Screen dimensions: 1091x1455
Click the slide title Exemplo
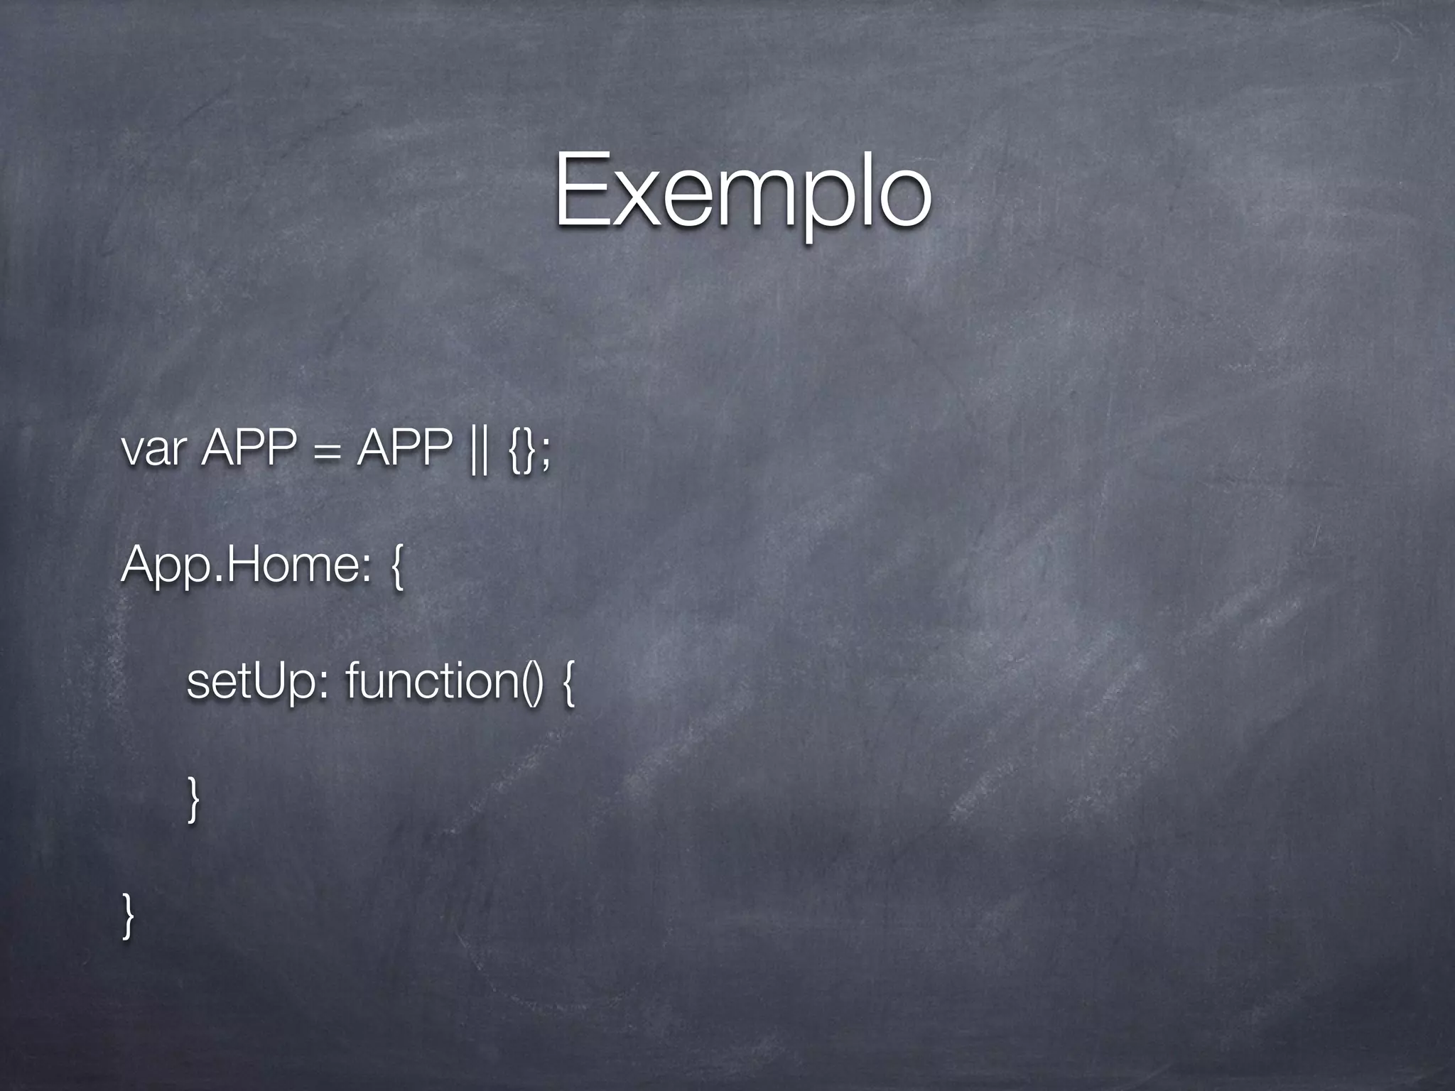tap(742, 192)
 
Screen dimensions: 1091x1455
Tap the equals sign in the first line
tap(326, 452)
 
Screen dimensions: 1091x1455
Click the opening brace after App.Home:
tap(396, 568)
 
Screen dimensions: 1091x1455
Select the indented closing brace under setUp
tap(193, 798)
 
